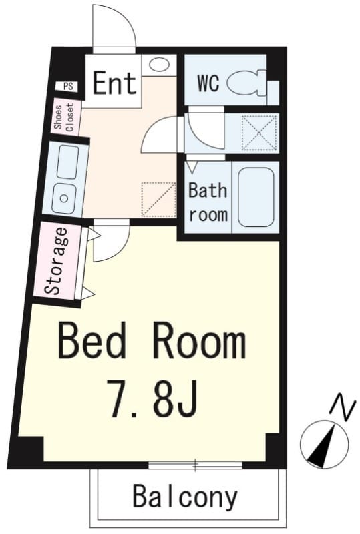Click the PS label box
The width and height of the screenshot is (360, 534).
[x=68, y=86]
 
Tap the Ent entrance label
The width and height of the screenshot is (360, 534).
[x=114, y=83]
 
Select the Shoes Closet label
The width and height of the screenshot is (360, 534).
[x=64, y=117]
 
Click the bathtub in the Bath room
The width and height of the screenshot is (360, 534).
[x=256, y=198]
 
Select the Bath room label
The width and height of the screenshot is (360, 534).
[x=208, y=202]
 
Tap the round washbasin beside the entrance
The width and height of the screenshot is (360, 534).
[x=159, y=65]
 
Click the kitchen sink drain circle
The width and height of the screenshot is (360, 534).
[x=63, y=198]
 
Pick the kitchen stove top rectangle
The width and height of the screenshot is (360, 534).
[x=67, y=162]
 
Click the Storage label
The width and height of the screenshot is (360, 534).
[x=57, y=260]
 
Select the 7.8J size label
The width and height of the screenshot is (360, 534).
[x=152, y=398]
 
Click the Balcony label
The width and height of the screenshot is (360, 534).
[x=185, y=497]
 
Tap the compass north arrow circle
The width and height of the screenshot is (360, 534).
[x=324, y=444]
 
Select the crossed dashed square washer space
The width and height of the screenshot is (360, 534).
[x=258, y=132]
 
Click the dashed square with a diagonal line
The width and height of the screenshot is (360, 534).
[x=158, y=200]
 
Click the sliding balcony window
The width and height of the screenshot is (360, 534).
[x=195, y=465]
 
